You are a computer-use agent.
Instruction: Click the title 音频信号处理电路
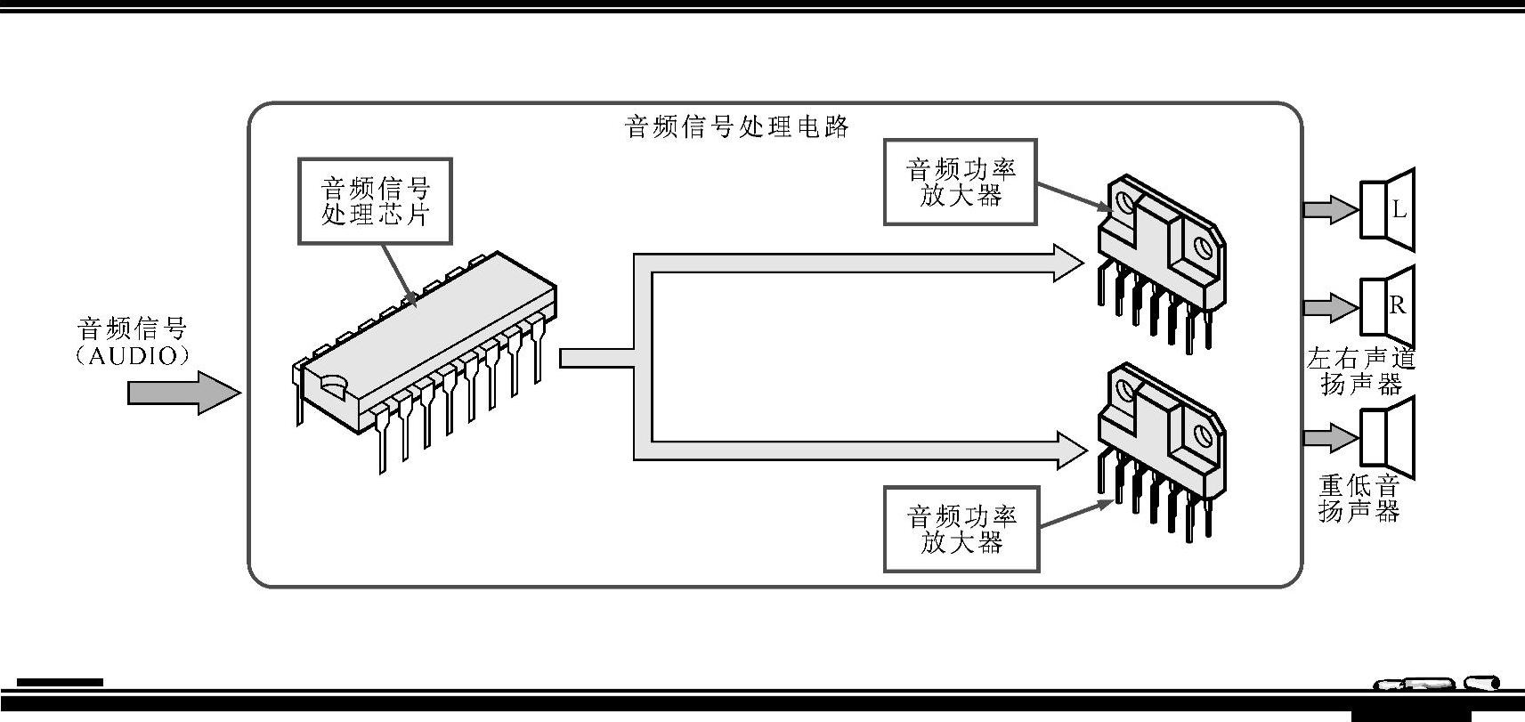tap(737, 126)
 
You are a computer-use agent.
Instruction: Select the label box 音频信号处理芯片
tap(375, 201)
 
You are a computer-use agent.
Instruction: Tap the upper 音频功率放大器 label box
tap(961, 182)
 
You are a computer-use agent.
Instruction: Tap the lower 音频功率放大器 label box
tap(961, 529)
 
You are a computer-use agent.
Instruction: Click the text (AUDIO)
tap(133, 356)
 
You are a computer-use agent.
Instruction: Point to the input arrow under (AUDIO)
tap(183, 393)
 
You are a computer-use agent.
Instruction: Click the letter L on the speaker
tap(1399, 209)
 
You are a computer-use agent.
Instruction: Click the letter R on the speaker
tap(1398, 305)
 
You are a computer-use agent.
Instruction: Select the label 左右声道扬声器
tap(1360, 371)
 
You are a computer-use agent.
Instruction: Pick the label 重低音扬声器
tap(1359, 499)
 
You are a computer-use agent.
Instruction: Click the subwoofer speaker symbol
tap(1388, 437)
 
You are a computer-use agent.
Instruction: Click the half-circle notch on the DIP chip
tap(333, 384)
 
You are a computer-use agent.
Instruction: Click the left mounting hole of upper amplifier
tap(1126, 202)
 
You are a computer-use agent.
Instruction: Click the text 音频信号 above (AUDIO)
tap(133, 329)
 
